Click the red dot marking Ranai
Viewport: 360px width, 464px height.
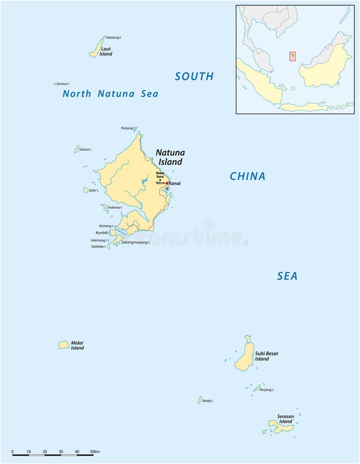[166, 183]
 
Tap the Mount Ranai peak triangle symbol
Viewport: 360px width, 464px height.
[160, 179]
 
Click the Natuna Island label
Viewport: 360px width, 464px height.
[170, 157]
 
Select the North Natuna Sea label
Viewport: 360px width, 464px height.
[110, 94]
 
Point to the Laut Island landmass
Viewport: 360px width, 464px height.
[96, 48]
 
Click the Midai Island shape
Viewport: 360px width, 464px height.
[64, 345]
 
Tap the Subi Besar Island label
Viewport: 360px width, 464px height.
[266, 356]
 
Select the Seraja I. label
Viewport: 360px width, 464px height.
[208, 401]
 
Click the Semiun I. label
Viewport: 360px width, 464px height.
[63, 84]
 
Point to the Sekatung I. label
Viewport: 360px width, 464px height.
[114, 38]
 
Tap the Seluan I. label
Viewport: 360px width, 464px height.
[85, 150]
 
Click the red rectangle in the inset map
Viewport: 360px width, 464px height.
[293, 56]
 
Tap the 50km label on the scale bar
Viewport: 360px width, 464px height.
[94, 452]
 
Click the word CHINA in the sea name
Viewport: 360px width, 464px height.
[247, 176]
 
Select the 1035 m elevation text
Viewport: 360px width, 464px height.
[160, 184]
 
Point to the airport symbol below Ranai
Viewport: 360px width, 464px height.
[167, 188]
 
